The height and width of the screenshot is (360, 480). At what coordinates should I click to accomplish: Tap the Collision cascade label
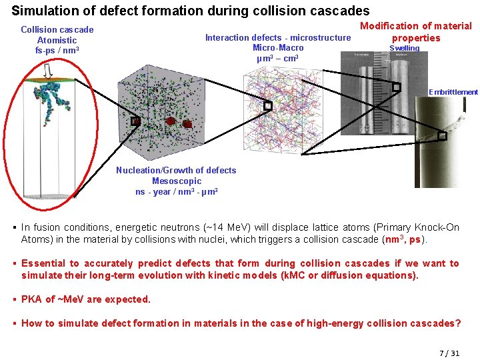click(57, 29)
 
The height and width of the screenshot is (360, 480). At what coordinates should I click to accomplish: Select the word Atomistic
click(57, 40)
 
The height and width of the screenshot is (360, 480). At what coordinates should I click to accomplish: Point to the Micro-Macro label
click(278, 47)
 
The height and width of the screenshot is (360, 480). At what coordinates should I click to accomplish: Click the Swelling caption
click(404, 48)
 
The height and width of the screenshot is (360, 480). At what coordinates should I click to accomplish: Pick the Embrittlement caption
click(453, 92)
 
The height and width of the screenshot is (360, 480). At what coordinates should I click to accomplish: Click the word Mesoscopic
click(176, 181)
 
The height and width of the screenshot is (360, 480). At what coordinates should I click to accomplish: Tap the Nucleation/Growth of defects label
click(176, 170)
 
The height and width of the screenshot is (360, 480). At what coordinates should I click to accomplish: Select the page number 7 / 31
click(449, 353)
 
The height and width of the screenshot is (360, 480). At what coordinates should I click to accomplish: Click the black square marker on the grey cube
click(135, 121)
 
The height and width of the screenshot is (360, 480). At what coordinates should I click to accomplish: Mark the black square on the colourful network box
click(268, 105)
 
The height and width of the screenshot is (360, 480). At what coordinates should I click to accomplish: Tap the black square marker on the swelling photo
click(396, 87)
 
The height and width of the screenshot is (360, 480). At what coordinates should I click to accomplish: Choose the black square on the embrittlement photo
click(441, 136)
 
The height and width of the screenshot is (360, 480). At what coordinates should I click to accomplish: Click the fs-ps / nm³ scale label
click(57, 50)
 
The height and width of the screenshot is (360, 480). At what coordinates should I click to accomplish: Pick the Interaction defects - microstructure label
click(278, 37)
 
